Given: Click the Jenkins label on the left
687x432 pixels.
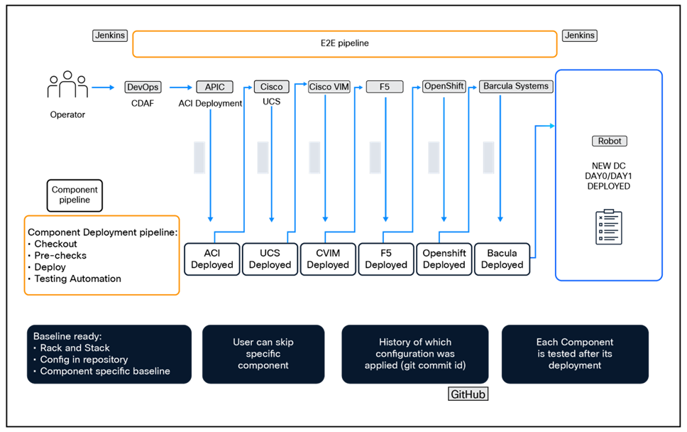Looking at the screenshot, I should pos(109,36).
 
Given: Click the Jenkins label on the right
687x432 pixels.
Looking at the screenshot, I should pos(579,36).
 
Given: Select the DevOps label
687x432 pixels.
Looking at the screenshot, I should pos(143,87).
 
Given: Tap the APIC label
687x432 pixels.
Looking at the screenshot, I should pos(214,87).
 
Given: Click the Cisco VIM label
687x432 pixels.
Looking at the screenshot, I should pos(329,87).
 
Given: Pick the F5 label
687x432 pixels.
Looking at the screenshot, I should pos(385,87).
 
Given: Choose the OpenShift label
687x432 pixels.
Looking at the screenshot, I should pos(444,87).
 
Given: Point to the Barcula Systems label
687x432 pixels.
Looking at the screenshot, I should pos(516,87).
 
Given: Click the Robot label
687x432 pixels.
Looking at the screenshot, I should pos(610,141).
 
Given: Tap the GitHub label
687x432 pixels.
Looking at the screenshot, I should pos(468,394).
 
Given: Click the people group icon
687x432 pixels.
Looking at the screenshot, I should pos(67,85).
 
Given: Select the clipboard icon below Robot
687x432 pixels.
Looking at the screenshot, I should pos(609,227).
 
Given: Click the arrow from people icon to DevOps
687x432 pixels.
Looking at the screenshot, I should pos(103,88).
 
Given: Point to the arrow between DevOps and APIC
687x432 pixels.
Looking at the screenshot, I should pos(180,88).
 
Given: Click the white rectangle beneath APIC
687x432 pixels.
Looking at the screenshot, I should pos(199,158).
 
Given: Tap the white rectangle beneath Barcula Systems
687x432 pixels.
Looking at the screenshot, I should pos(488,158).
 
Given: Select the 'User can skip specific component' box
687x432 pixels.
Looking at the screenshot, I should pos(263,354).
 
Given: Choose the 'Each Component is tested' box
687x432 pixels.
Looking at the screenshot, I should pos(575,354).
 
